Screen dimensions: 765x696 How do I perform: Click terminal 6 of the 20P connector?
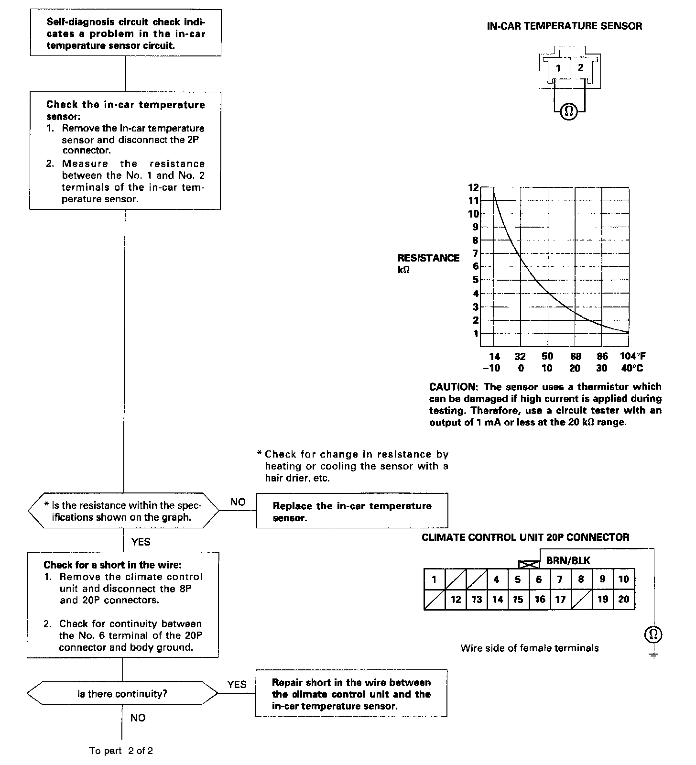[539, 579]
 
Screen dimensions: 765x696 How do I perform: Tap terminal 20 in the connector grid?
[624, 600]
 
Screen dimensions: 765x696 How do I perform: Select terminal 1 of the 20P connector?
[434, 579]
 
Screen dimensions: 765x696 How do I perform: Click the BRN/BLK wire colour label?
[568, 560]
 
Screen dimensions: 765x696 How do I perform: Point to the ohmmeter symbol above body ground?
[653, 634]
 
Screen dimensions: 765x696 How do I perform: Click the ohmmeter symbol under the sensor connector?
[568, 111]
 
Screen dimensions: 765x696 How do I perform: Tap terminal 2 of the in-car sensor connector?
[580, 68]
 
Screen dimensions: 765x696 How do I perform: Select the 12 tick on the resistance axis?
[473, 187]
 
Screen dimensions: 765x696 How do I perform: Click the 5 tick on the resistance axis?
[476, 280]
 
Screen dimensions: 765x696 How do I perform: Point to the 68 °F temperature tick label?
[576, 356]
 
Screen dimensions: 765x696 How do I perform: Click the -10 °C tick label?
[491, 368]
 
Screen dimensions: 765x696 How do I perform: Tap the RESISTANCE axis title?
[428, 258]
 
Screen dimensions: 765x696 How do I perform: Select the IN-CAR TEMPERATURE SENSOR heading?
[564, 26]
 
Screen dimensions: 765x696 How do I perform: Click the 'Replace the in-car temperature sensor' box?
[352, 511]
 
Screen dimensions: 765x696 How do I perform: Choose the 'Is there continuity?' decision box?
[122, 694]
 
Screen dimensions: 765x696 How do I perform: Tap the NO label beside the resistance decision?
[238, 502]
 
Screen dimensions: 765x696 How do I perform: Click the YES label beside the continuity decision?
[237, 684]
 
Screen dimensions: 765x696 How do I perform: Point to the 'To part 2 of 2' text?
[121, 750]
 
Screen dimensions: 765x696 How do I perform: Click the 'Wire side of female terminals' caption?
[529, 648]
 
